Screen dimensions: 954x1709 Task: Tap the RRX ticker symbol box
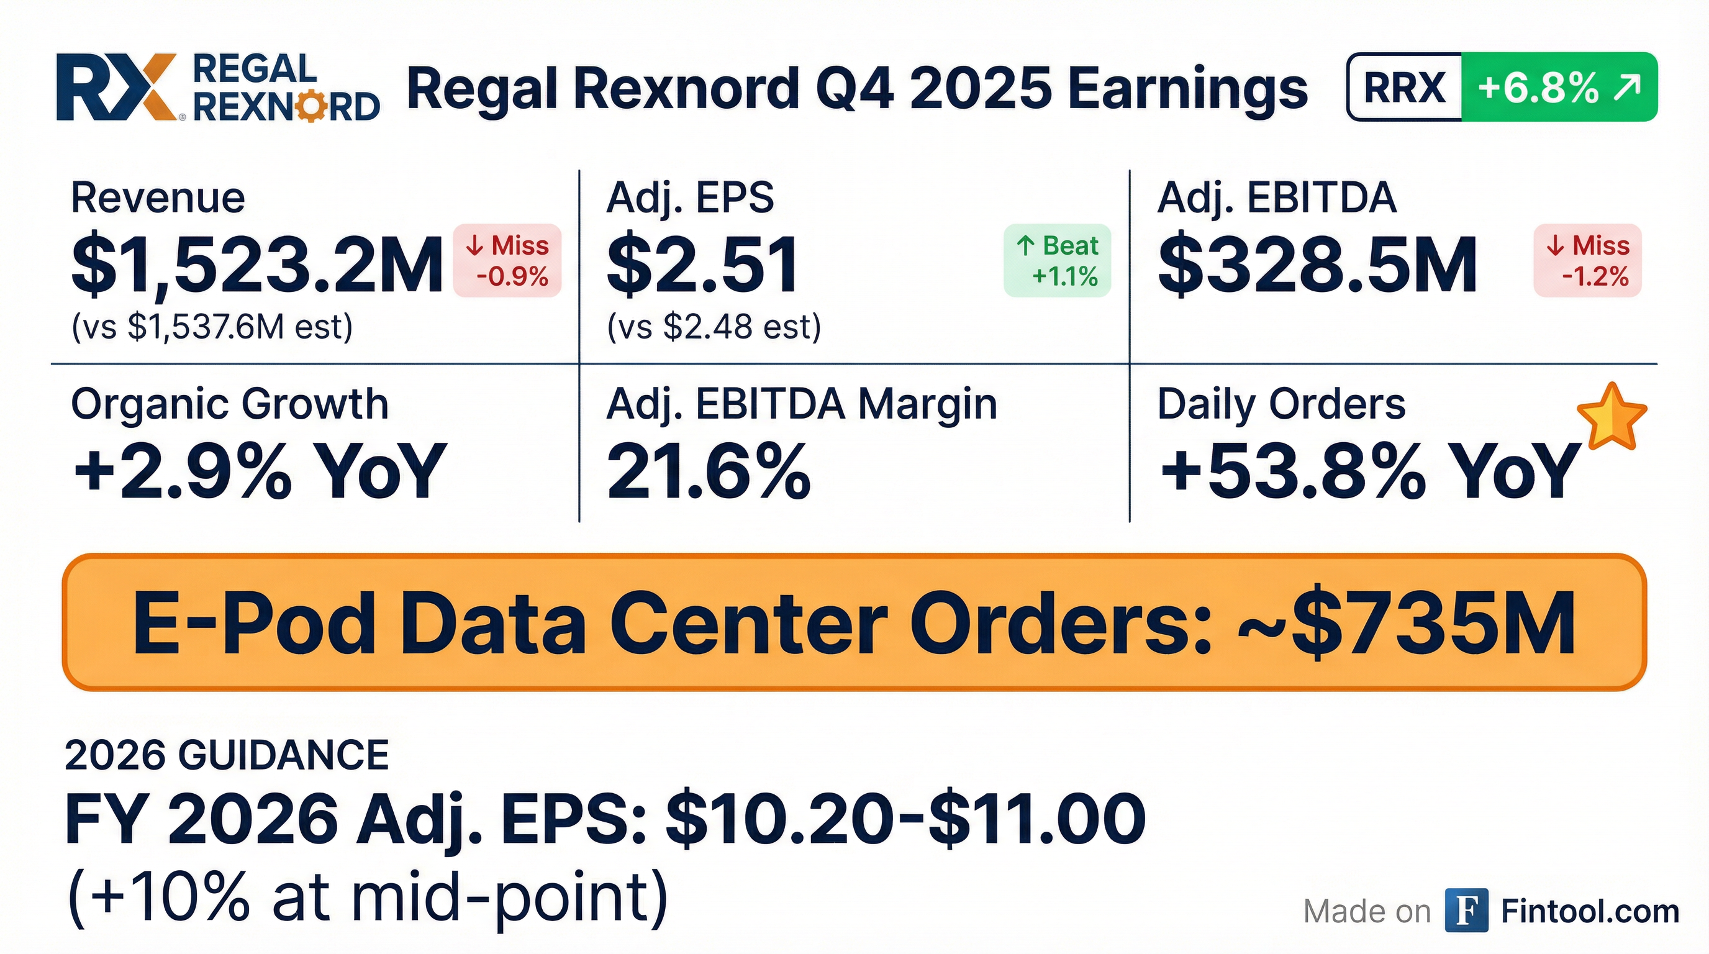coord(1405,87)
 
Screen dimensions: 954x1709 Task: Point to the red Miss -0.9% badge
coord(507,260)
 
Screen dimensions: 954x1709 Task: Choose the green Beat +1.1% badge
coord(1058,260)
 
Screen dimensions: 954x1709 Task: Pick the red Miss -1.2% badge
coord(1587,260)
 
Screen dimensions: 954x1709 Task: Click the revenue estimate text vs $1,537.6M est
coord(212,327)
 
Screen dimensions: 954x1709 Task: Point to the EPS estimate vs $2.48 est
coord(714,327)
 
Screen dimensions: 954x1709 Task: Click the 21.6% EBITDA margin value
coord(708,471)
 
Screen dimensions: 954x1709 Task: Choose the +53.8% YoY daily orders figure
coord(1370,471)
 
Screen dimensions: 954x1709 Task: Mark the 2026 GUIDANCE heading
coord(227,755)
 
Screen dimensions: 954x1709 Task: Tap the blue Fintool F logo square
coord(1467,912)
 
